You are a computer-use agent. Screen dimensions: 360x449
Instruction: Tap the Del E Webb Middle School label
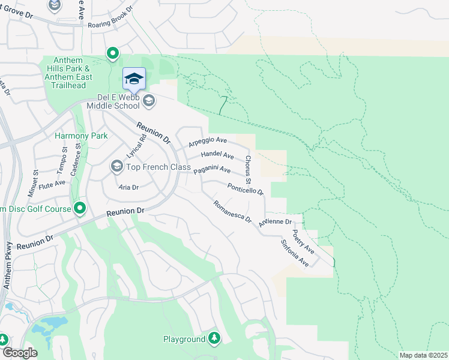coord(118,101)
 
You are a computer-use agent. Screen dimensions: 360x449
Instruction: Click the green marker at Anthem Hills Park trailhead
coord(112,54)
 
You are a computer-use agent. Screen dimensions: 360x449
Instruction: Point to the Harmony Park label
coord(81,136)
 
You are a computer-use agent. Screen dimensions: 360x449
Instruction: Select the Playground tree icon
coord(214,339)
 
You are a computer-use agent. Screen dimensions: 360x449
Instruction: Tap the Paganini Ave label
coord(212,170)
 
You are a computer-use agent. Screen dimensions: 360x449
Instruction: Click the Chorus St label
coord(248,170)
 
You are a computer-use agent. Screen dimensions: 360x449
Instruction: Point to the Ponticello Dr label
coord(246,190)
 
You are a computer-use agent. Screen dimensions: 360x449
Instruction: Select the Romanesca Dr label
coord(232,212)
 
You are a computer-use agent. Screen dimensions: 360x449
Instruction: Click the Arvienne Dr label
coord(275,222)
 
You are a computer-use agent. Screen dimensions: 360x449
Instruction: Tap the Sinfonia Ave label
coord(294,253)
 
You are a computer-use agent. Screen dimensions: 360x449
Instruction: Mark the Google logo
coord(20,353)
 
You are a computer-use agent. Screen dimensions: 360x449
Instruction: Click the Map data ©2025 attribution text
coord(423,355)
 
